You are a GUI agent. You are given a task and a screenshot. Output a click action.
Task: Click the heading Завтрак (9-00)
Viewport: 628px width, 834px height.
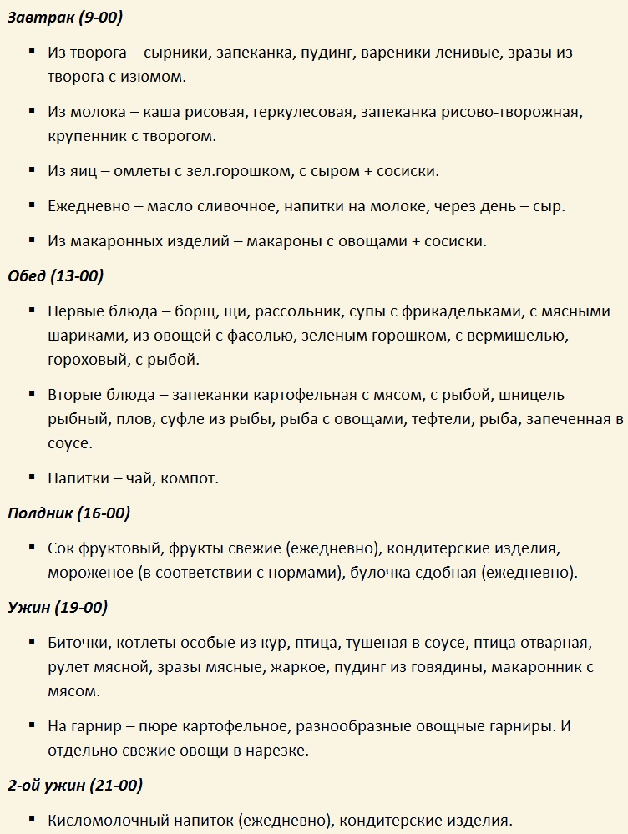pos(65,17)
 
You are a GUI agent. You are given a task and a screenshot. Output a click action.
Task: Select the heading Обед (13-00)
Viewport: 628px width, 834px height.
pos(55,276)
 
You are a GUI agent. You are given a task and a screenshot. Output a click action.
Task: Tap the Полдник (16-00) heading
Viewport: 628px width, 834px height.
pos(68,513)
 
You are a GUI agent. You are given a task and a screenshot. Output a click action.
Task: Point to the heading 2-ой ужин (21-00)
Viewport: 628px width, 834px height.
pos(75,786)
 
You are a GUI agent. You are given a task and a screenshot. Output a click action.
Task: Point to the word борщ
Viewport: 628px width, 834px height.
pos(195,312)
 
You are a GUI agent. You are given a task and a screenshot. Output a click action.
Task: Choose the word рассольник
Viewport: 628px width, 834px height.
pos(299,312)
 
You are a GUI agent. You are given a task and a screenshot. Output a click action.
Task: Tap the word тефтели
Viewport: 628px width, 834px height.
pos(441,419)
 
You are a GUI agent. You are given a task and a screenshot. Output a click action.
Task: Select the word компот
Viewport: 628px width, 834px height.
pos(188,479)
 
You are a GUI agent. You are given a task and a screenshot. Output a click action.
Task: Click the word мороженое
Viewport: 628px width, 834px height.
pos(91,573)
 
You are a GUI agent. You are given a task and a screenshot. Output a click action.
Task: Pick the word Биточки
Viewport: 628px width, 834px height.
pos(78,644)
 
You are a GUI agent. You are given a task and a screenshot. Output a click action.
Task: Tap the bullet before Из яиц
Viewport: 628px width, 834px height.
pos(31,170)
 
